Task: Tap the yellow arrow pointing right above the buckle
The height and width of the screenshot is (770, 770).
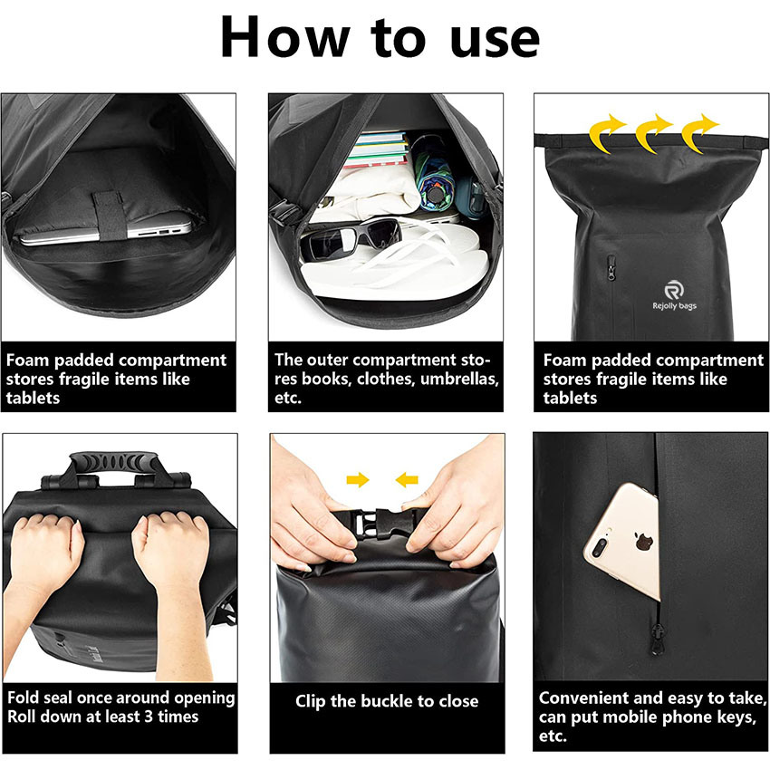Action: click(x=358, y=479)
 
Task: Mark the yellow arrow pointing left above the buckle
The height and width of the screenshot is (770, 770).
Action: click(x=407, y=479)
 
